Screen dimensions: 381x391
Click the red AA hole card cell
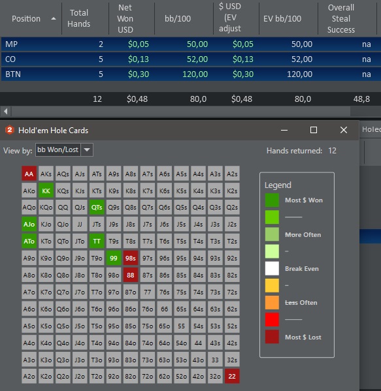(29, 174)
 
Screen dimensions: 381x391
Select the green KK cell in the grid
(46, 191)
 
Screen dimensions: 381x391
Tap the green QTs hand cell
(97, 207)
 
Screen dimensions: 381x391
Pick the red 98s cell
(131, 258)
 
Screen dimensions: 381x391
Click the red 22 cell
(232, 376)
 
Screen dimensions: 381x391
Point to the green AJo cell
(29, 224)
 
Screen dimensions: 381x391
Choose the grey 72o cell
(147, 376)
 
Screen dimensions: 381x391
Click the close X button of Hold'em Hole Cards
(344, 130)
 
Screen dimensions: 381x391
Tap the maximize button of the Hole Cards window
(314, 130)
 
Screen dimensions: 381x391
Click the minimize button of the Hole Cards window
(284, 130)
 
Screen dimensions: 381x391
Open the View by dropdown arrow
(87, 150)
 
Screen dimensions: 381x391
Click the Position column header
(26, 19)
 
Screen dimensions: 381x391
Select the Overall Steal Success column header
(340, 19)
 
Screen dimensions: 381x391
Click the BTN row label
(13, 74)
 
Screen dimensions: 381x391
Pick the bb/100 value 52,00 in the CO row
(197, 59)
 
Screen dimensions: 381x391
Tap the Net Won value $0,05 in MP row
(139, 44)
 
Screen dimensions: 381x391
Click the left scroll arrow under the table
(5, 111)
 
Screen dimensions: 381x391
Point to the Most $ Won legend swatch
(272, 200)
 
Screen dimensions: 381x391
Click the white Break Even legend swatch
(272, 268)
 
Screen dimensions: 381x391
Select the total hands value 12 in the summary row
(97, 99)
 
